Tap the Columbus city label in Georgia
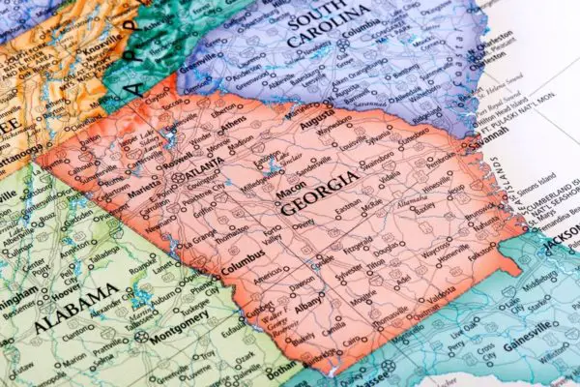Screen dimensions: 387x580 [242, 265]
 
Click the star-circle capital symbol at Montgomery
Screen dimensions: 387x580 [141, 337]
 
